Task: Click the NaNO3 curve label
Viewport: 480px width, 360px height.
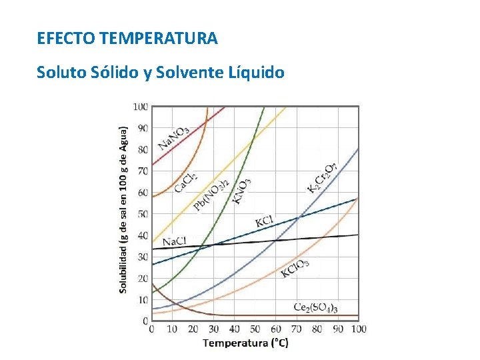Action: click(x=173, y=137)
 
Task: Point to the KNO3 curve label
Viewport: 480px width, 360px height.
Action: click(x=241, y=190)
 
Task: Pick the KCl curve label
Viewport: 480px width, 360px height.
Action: click(x=265, y=221)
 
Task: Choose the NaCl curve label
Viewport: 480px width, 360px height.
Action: click(x=174, y=241)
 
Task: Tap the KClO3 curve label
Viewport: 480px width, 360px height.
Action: click(x=295, y=268)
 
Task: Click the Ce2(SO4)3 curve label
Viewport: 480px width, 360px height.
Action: click(x=315, y=307)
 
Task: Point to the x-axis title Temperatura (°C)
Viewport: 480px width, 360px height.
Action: click(x=245, y=343)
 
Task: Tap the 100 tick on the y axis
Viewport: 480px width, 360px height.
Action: click(x=141, y=107)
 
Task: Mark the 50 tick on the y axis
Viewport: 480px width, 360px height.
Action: click(x=143, y=214)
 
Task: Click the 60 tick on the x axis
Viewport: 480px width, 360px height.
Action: click(x=275, y=329)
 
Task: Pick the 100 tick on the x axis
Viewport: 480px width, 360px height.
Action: click(x=358, y=329)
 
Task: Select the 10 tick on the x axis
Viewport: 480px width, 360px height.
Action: click(x=172, y=329)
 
